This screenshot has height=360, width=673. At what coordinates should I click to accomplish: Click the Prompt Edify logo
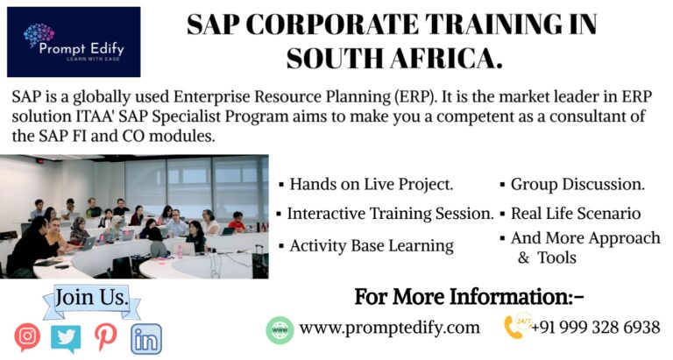[74, 42]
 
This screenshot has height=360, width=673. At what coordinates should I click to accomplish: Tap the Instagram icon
[27, 336]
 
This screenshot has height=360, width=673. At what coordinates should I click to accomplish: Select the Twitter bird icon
[66, 337]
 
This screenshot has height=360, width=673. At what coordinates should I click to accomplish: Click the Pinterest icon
[105, 337]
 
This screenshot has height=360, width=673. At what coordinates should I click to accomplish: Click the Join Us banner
[91, 298]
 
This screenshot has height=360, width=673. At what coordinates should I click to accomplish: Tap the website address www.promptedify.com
[389, 328]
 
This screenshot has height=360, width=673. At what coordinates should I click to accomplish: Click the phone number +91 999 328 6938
[595, 328]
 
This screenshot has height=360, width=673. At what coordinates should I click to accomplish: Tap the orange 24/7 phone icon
[514, 327]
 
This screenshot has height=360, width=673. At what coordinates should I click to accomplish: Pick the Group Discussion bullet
[577, 185]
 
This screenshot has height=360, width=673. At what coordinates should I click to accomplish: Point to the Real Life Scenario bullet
[575, 213]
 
